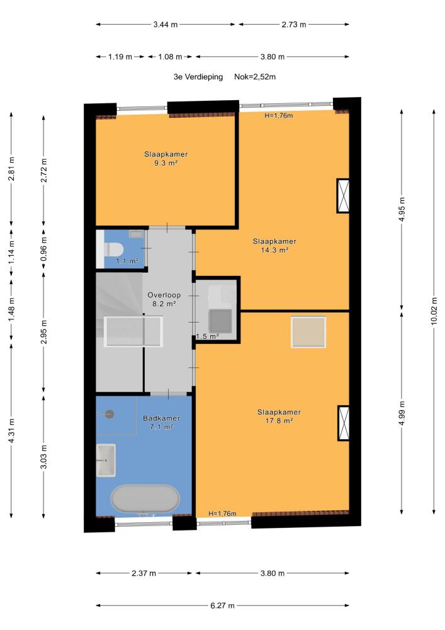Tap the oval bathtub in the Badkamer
click(145, 498)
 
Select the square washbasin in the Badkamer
click(106, 460)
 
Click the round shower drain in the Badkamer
click(110, 414)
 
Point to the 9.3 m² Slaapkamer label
click(166, 159)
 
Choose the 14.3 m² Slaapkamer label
click(274, 246)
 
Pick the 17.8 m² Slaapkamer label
click(279, 416)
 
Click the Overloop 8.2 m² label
click(164, 299)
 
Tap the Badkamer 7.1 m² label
click(161, 422)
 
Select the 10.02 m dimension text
click(434, 311)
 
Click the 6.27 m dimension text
click(222, 605)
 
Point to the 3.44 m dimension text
click(166, 25)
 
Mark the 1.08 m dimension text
click(170, 57)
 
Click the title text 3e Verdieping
click(198, 77)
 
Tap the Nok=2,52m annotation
click(255, 77)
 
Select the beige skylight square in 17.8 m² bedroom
click(308, 332)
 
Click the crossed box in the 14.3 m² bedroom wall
click(343, 196)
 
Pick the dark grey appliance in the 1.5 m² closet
click(220, 321)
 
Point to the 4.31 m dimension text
click(11, 431)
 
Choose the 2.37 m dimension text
click(144, 573)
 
